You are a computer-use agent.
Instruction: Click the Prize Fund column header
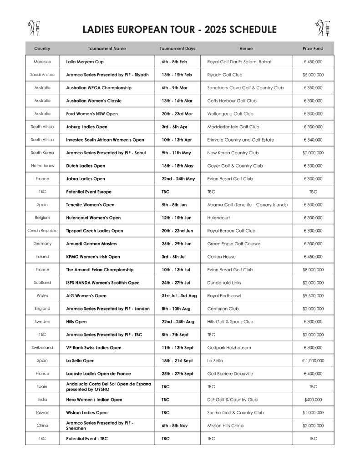(313, 49)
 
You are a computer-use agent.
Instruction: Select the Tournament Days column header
(177, 49)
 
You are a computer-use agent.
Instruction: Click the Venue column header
(246, 49)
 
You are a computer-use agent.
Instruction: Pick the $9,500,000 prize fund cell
(313, 296)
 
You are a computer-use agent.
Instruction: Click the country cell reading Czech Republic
(42, 231)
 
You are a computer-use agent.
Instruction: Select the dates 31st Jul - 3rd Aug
(179, 296)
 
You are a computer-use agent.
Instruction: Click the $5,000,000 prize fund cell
(313, 75)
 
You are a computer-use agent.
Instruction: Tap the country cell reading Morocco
(42, 62)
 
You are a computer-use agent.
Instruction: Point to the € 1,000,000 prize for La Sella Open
(313, 361)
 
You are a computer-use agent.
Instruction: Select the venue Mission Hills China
(225, 425)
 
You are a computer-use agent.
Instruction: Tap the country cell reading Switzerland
(42, 348)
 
